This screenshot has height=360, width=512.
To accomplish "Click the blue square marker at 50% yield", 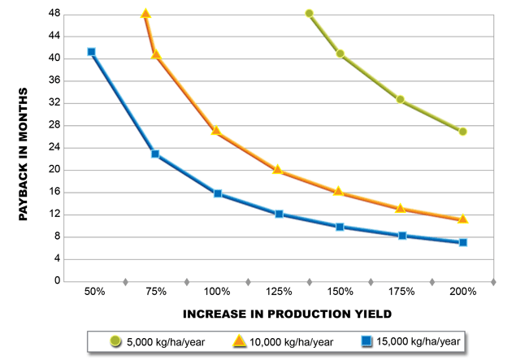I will click(x=92, y=52).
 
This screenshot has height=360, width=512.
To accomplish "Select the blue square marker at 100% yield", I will click(x=218, y=193).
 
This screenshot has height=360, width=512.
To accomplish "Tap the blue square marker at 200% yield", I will click(x=462, y=242).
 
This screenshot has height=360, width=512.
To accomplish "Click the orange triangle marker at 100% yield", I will click(x=217, y=131).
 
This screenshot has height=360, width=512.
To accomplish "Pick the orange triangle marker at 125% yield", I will click(x=278, y=170).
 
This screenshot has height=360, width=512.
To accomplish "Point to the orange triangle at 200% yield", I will click(x=462, y=219).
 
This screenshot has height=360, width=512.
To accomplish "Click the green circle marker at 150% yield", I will click(x=340, y=54).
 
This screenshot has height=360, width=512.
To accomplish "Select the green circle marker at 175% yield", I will click(x=401, y=99).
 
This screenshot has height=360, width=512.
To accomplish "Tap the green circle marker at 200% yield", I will click(x=462, y=132).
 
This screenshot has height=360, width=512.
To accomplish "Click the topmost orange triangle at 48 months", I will click(x=145, y=14).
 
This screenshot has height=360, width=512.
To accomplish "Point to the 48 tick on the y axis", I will click(x=54, y=14).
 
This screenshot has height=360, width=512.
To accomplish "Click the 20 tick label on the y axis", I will click(x=54, y=170).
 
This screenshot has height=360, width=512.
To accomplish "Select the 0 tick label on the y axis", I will click(x=58, y=281).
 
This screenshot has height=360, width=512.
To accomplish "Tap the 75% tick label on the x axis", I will click(x=156, y=292).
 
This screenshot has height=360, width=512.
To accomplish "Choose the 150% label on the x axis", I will click(x=340, y=292).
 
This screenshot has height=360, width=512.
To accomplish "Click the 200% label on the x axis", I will click(x=462, y=292).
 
